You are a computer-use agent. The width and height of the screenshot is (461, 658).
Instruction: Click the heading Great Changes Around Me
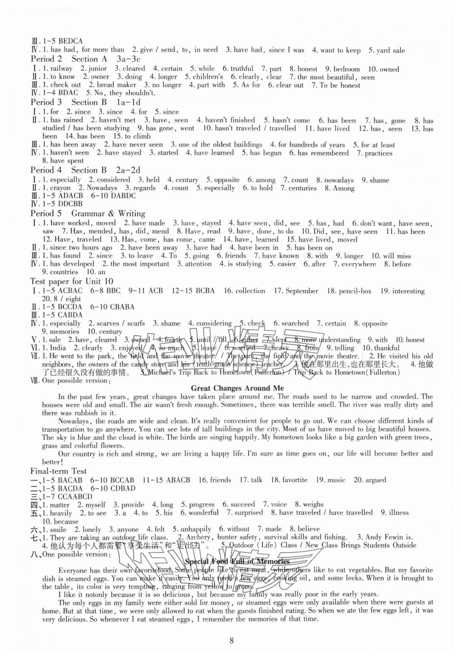(238, 388)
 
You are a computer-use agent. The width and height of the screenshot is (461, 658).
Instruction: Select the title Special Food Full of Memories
(237, 561)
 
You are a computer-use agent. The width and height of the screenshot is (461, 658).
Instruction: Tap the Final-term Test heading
(59, 471)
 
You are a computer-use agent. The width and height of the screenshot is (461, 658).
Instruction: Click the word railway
(61, 69)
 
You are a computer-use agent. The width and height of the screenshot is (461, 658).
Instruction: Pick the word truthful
(242, 69)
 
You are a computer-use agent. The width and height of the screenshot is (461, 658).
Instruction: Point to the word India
(58, 348)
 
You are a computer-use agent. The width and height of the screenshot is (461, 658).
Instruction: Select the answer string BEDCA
(70, 41)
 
